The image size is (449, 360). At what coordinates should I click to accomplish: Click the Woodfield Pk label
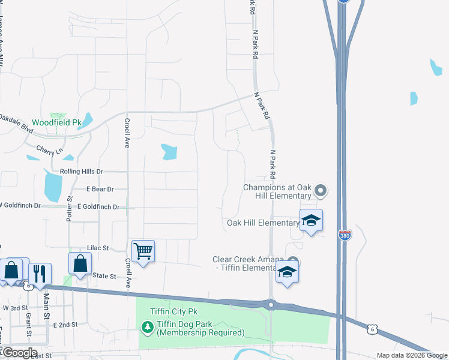point(56,122)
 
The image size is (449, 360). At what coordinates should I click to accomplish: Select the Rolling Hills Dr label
point(82,172)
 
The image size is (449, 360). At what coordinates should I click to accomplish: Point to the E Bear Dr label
point(99,189)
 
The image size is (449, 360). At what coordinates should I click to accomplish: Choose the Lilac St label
point(98,247)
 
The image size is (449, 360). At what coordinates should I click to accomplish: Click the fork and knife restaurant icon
point(40,273)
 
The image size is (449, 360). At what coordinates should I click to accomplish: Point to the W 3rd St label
point(15,308)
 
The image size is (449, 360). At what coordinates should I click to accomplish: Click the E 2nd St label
point(65,325)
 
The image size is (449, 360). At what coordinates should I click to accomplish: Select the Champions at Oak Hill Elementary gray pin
point(320,191)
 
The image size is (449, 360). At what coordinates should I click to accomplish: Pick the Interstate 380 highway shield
point(345,235)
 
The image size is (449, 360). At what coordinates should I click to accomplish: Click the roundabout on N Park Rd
point(271,305)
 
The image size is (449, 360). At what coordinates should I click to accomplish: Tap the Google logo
point(19,353)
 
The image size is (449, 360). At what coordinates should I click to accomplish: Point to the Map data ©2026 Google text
point(411,355)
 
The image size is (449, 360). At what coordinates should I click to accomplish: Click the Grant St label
point(28,324)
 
